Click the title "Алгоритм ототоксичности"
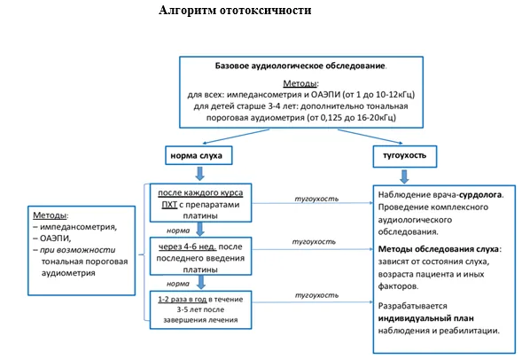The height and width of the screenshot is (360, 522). [x=235, y=11]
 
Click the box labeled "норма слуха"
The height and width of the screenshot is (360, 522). [x=199, y=155]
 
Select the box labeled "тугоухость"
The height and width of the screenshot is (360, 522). [x=405, y=156]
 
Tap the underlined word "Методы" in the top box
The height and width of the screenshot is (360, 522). [x=300, y=83]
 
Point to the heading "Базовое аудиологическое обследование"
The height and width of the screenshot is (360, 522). [x=300, y=66]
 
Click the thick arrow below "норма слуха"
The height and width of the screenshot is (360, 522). [x=199, y=174]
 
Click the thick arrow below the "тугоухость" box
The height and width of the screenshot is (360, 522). [x=404, y=176]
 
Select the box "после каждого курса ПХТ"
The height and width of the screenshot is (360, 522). [x=201, y=203]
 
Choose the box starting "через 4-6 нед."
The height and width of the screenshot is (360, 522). [x=201, y=256]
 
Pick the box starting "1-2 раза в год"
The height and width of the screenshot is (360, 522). [x=201, y=309]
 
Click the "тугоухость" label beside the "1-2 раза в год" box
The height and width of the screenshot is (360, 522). [x=316, y=295]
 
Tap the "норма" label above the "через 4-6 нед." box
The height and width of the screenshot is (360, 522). [x=178, y=231]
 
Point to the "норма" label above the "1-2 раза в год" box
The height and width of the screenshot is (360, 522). [x=178, y=284]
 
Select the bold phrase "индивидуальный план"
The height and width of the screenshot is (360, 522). [x=425, y=318]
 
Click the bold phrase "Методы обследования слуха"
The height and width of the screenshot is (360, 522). [x=439, y=249]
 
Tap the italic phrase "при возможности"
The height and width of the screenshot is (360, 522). [x=78, y=250]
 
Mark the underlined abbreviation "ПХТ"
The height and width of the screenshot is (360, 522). [x=169, y=205]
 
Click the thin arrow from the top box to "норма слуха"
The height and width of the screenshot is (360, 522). [x=236, y=137]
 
